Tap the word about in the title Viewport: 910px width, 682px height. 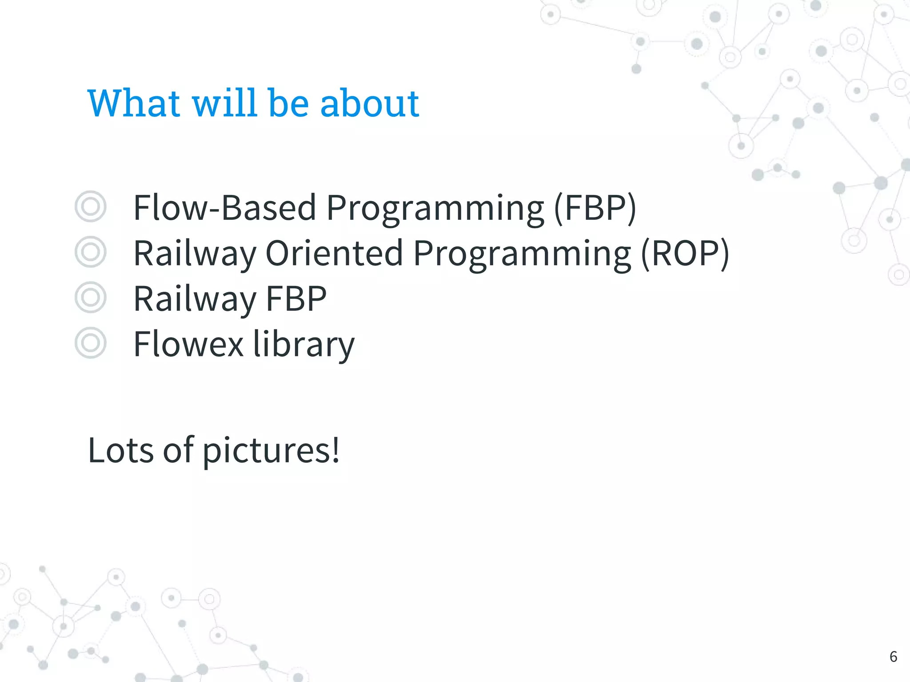tap(369, 103)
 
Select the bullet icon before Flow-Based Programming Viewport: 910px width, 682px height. tap(91, 206)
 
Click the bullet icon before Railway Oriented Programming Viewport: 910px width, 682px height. tap(91, 252)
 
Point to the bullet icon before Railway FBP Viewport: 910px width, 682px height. tap(91, 297)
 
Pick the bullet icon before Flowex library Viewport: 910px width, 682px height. tap(91, 343)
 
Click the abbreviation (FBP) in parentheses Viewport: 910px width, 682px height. tap(595, 208)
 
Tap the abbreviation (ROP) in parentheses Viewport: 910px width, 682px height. tap(685, 253)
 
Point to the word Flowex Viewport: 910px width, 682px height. tap(188, 344)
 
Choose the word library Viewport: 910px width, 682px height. tap(304, 344)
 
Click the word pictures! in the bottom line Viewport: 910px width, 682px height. tap(271, 451)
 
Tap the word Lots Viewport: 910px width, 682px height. tap(121, 451)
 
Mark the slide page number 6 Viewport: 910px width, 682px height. tap(893, 657)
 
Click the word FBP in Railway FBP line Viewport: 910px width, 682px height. tap(296, 299)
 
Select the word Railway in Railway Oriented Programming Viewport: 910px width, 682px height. tap(195, 253)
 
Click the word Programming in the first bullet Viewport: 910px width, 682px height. tap(435, 208)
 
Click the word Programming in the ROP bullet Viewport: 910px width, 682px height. tap(522, 253)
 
